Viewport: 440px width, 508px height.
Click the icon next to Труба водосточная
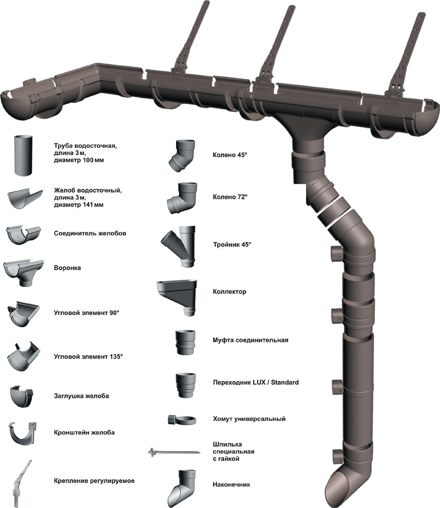[x=24, y=155]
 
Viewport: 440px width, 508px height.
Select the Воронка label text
[x=68, y=268]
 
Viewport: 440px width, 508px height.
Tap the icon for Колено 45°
[x=182, y=155]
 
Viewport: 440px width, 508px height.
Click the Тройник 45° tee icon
[x=181, y=245]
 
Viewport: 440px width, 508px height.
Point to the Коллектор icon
[x=178, y=295]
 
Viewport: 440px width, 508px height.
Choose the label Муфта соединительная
[x=250, y=340]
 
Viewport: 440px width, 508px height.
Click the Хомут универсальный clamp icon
[x=182, y=420]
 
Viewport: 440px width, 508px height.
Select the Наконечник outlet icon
[x=182, y=486]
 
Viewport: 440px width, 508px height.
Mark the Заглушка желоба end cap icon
[x=22, y=396]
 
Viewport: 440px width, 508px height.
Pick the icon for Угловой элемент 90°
[x=23, y=314]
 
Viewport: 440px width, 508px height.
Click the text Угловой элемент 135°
[x=88, y=357]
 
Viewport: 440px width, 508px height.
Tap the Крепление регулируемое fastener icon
[x=21, y=483]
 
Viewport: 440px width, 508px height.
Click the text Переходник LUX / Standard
[x=256, y=382]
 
